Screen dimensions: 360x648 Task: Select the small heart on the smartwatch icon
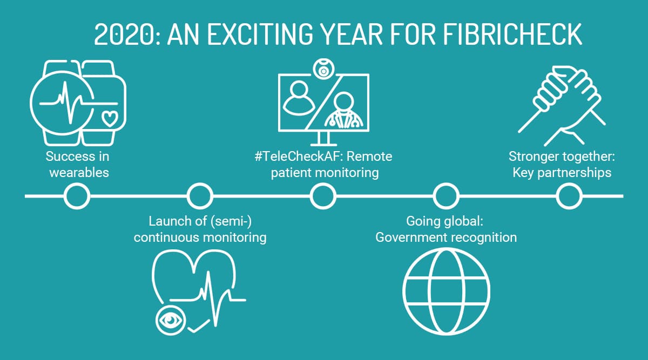coord(110,118)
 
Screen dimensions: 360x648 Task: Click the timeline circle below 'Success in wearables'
coord(77,195)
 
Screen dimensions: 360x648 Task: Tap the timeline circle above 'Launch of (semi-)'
coord(200,195)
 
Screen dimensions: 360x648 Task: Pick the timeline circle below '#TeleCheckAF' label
coord(323,195)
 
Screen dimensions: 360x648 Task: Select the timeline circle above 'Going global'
coord(446,195)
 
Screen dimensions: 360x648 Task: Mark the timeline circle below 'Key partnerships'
coord(569,195)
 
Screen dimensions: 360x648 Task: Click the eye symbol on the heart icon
coord(170,320)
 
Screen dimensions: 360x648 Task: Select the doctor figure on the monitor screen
coord(342,111)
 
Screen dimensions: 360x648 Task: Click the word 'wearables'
coord(79,173)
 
